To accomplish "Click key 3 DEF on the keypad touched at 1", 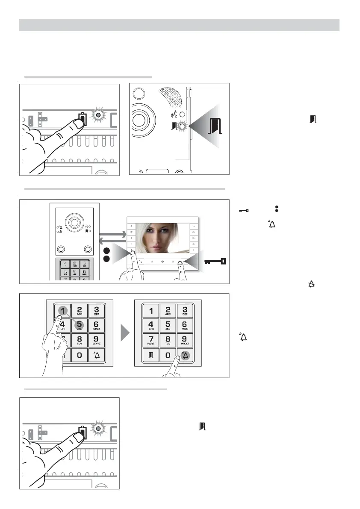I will click(x=97, y=311).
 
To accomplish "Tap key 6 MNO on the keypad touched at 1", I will click(x=97, y=326).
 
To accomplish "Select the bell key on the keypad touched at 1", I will click(x=97, y=356).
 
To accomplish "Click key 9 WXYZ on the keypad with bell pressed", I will click(x=185, y=341).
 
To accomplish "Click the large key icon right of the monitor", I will click(x=216, y=261).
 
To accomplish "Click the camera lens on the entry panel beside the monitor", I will click(x=74, y=223).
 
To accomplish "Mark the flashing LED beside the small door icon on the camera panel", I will click(x=183, y=126).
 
